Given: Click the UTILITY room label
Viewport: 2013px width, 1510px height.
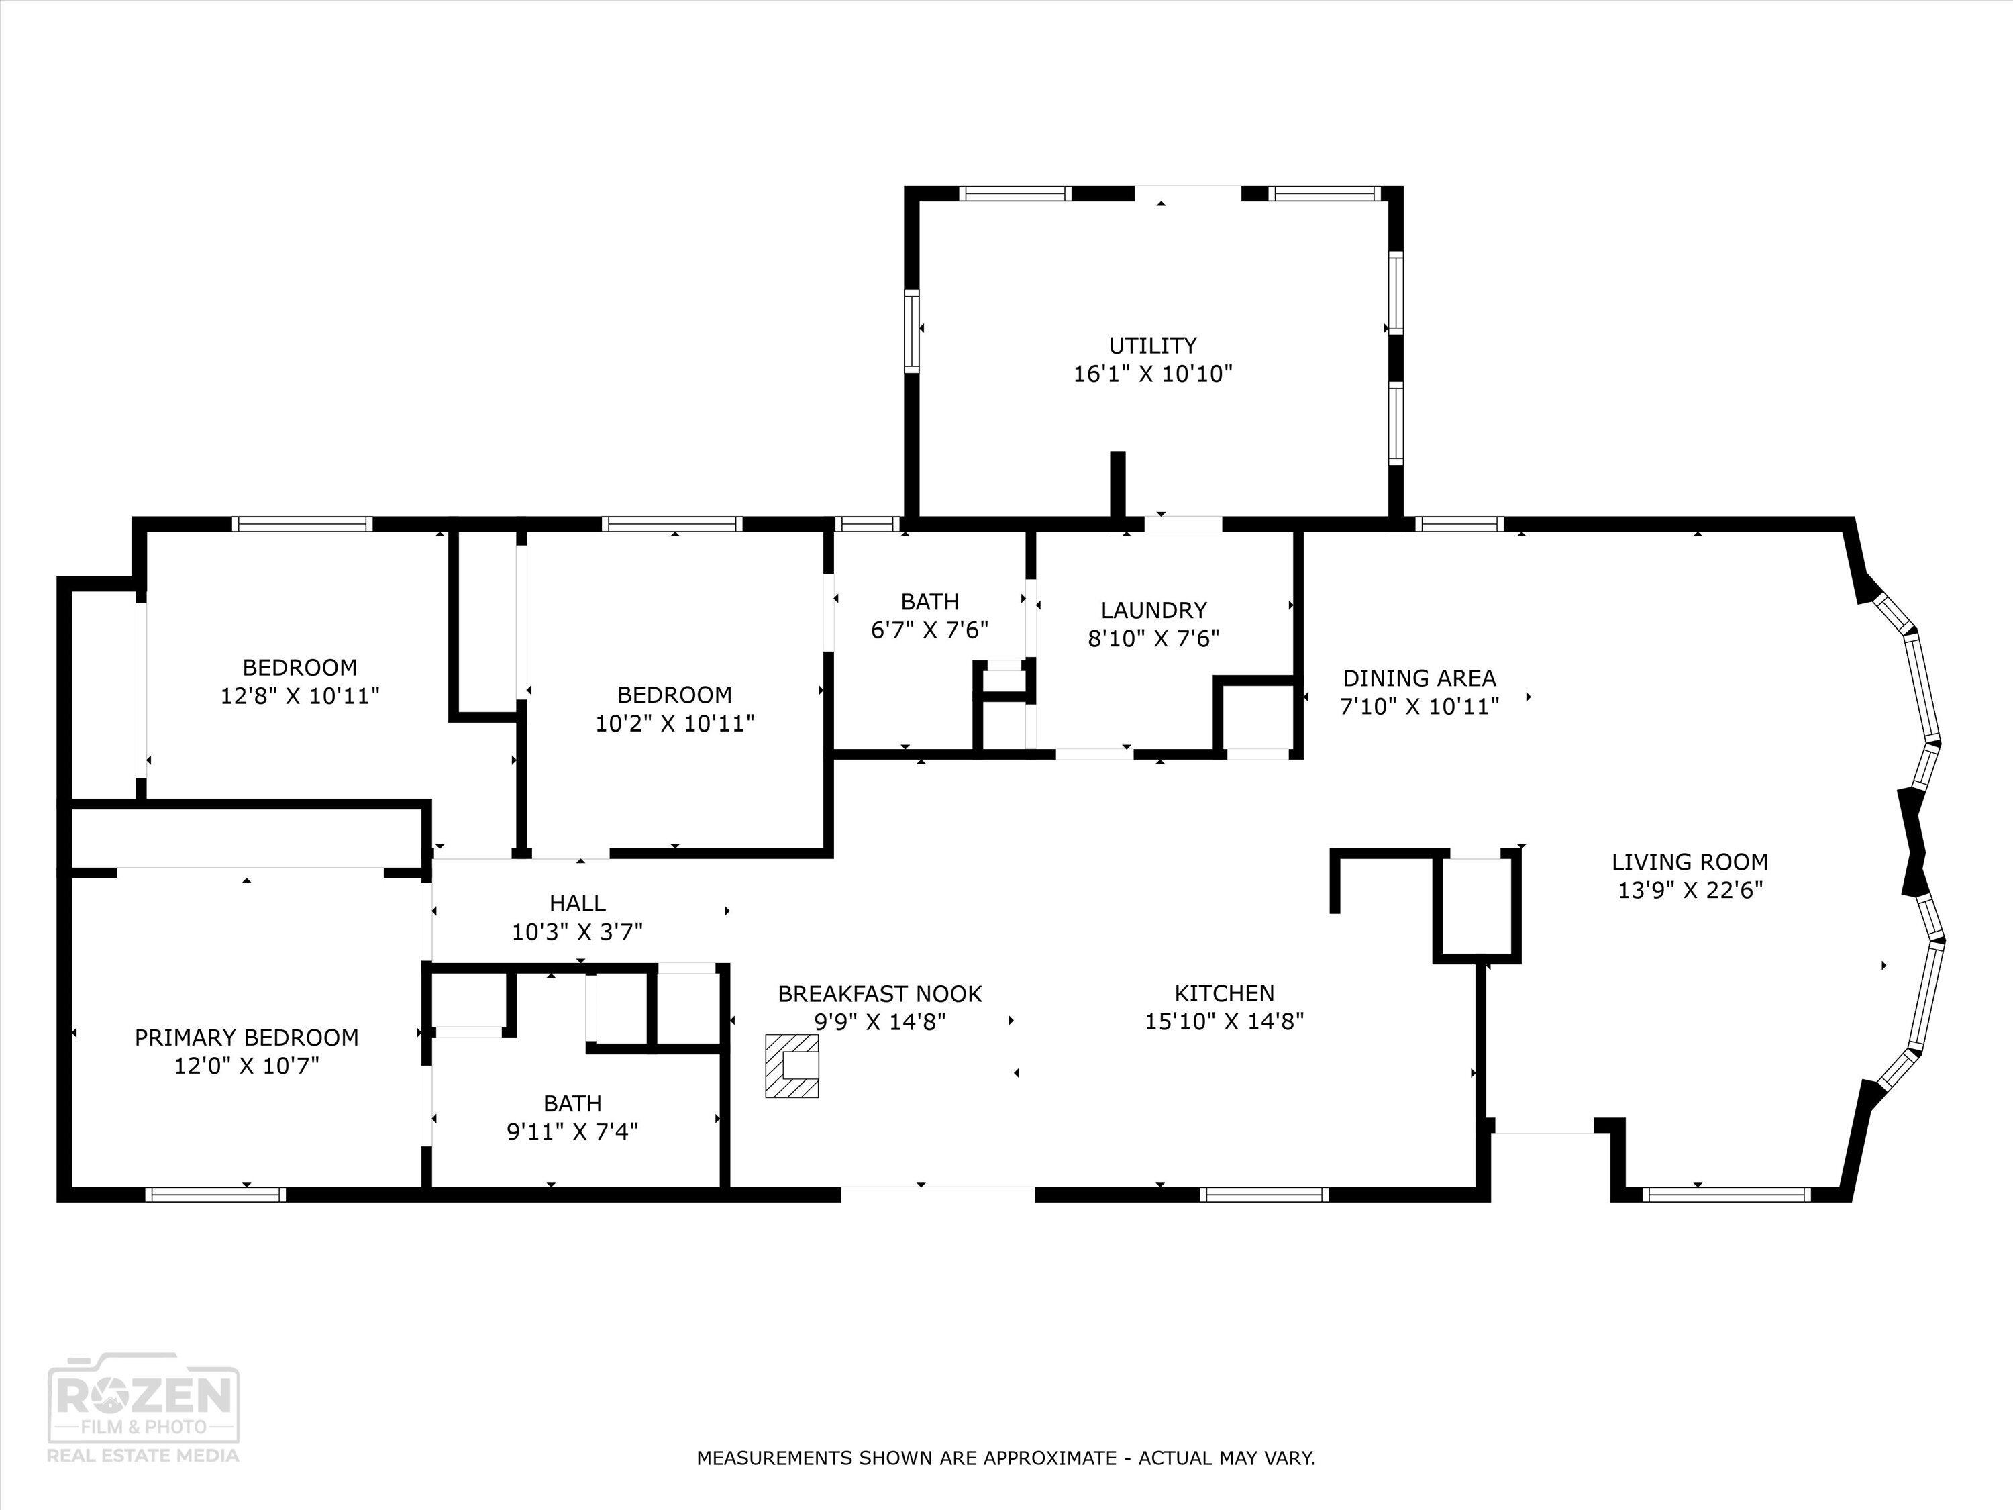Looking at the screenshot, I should [1152, 345].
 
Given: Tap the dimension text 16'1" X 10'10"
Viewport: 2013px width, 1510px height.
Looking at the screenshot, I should [1152, 374].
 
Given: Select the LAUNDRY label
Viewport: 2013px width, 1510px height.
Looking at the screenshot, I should [1153, 610].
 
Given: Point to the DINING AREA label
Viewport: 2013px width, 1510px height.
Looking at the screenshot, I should [1418, 678].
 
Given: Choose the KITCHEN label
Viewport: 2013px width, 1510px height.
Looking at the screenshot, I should [1224, 993].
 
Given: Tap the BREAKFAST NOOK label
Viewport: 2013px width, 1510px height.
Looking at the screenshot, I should [879, 994].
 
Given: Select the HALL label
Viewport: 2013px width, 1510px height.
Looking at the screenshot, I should [577, 903].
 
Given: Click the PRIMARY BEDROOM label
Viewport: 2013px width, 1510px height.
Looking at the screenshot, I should [247, 1037].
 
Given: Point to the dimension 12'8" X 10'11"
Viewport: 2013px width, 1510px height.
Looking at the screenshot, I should [299, 697].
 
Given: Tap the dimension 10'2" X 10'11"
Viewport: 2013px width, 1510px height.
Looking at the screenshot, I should [674, 723].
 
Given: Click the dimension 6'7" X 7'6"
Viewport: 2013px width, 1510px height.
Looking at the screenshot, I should [929, 630].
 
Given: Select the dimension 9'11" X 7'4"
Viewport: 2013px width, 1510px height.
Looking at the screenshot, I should [572, 1131].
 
